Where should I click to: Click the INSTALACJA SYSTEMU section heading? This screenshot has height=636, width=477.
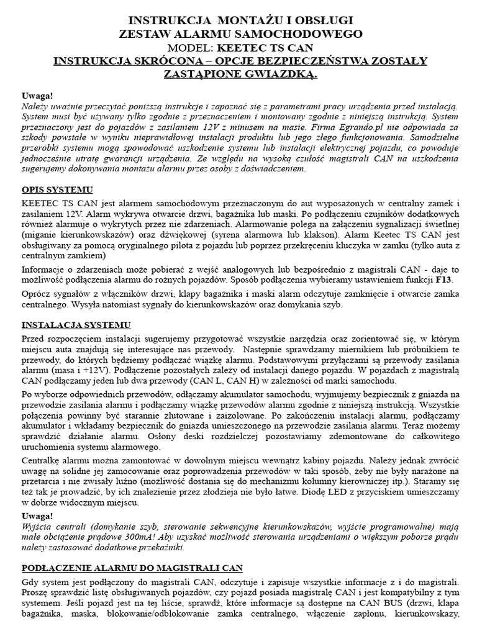(x=76, y=324)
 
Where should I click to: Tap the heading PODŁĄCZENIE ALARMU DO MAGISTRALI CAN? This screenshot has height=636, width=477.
(x=132, y=568)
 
